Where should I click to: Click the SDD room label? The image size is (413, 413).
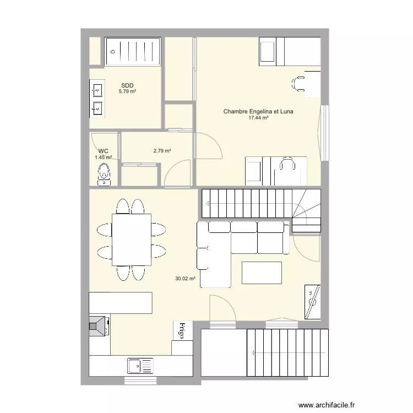pyautogui.click(x=127, y=85)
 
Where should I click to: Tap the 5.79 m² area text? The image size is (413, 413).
pyautogui.click(x=127, y=91)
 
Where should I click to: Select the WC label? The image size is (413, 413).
pyautogui.click(x=104, y=151)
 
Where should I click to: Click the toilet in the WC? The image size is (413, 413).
pyautogui.click(x=104, y=175)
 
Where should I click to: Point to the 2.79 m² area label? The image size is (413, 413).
pyautogui.click(x=162, y=151)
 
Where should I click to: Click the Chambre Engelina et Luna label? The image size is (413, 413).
pyautogui.click(x=258, y=111)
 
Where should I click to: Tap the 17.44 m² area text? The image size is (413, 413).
pyautogui.click(x=258, y=118)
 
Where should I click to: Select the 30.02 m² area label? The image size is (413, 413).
pyautogui.click(x=185, y=279)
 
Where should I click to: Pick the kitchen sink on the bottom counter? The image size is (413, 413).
pyautogui.click(x=140, y=366)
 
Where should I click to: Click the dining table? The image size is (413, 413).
pyautogui.click(x=132, y=240)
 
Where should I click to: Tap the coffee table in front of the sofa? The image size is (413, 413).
pyautogui.click(x=262, y=273)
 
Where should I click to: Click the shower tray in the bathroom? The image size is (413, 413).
pyautogui.click(x=133, y=51)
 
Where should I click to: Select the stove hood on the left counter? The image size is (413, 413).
pyautogui.click(x=97, y=327)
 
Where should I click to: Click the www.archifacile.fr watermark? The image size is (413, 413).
pyautogui.click(x=327, y=405)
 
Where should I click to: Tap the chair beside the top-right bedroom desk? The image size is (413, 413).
pyautogui.click(x=298, y=84)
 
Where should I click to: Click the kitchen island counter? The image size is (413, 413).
pyautogui.click(x=121, y=303)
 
